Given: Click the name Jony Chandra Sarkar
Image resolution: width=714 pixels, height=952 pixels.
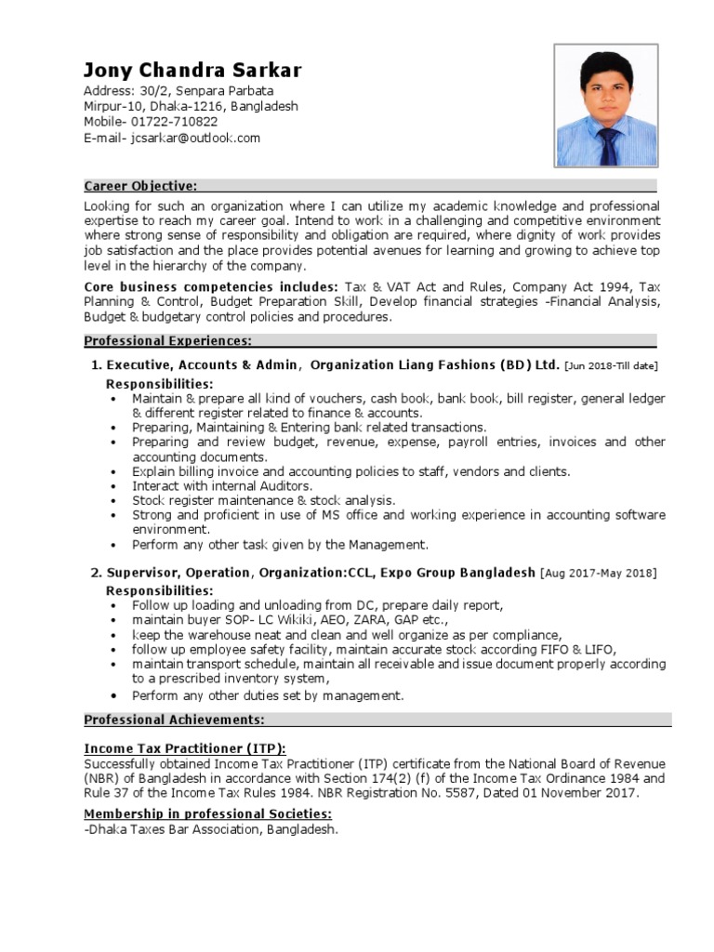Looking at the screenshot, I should pos(192,71).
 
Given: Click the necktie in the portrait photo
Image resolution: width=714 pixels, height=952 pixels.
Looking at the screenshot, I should pos(609,144).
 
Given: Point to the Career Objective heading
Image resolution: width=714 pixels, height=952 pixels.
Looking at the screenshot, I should pos(139,186).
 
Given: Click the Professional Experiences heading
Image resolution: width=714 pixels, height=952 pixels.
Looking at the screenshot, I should pos(167,341).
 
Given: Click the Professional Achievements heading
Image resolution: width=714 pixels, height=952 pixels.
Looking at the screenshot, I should pos(174,720).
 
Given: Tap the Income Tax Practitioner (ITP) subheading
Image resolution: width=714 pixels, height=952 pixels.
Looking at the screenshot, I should pos(185,748).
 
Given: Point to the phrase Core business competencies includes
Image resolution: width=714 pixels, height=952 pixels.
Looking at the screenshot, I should pos(211,287).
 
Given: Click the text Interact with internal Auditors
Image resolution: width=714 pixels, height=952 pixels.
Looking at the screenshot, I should pos(222,485).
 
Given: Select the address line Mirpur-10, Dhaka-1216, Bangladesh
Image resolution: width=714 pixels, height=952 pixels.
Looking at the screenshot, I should pos(191,106).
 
